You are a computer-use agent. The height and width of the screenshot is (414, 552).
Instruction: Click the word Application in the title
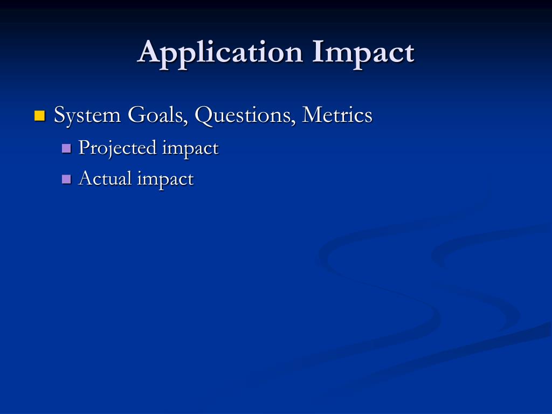(220, 53)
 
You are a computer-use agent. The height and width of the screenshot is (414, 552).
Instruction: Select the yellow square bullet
(39, 115)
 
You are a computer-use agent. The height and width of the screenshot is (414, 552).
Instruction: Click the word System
(87, 115)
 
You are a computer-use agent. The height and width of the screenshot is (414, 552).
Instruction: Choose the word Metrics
(337, 115)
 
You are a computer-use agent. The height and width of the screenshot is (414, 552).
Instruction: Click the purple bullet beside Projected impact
(67, 148)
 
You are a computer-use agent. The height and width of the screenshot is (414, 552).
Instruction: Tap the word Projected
(118, 148)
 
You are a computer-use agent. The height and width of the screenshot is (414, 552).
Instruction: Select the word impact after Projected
(190, 148)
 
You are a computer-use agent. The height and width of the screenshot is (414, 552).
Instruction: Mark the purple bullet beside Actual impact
(67, 178)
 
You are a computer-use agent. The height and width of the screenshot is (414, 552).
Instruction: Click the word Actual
(105, 178)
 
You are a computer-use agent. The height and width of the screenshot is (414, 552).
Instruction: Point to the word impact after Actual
(165, 179)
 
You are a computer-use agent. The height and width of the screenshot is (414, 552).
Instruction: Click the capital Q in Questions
(204, 115)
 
